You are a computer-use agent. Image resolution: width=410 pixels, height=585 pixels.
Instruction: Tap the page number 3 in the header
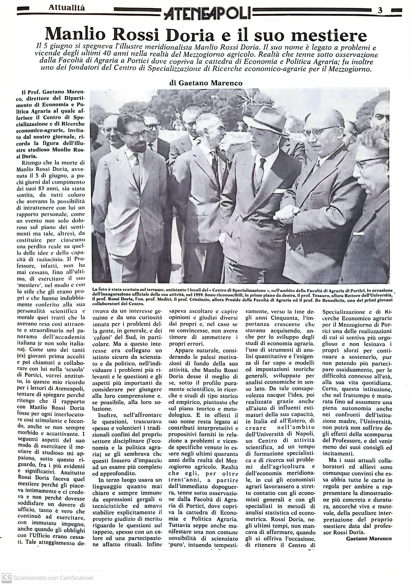click(x=380, y=11)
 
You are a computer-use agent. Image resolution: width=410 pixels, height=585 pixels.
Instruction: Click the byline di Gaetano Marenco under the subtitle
click(x=206, y=83)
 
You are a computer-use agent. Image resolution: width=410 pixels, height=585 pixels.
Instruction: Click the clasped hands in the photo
click(x=287, y=212)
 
